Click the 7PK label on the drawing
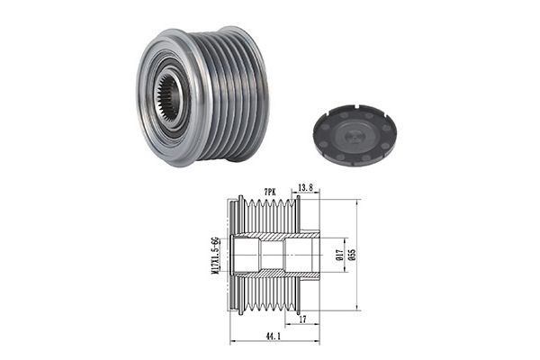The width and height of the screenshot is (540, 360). click(270, 193)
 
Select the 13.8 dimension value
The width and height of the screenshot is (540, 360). click(305, 187)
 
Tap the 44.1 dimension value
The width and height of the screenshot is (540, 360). click(273, 337)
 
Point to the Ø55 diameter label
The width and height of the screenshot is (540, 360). click(352, 254)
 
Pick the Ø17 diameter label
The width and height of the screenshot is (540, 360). click(339, 255)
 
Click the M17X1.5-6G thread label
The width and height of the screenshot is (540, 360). click(215, 255)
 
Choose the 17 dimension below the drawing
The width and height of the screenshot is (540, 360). click(302, 319)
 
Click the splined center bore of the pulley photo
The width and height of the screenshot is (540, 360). click(169, 96)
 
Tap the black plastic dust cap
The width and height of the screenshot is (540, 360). click(355, 134)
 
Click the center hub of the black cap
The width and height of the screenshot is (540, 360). click(354, 134)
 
